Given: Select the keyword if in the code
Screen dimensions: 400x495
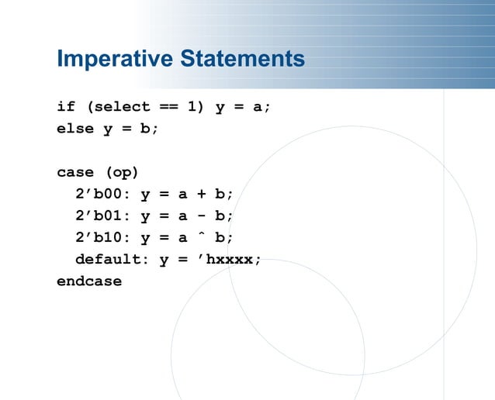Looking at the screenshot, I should (x=66, y=107).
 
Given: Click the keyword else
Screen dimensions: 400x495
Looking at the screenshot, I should (x=75, y=129).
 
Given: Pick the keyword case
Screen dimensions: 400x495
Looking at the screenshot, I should (x=75, y=172).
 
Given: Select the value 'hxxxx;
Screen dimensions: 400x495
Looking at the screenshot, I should (x=230, y=260).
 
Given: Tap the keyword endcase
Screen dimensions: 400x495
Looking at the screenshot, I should (x=89, y=281).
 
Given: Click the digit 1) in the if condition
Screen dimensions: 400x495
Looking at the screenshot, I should (x=197, y=107).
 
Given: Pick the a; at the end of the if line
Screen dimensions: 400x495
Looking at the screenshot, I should (x=262, y=107).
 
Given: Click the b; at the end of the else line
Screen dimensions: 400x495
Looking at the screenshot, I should (x=149, y=129).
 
